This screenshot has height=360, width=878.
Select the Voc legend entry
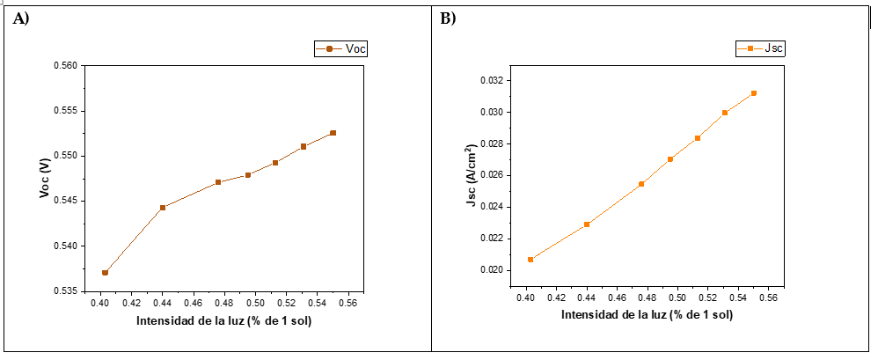pos(341,49)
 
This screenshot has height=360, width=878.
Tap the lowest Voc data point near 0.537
pos(105,273)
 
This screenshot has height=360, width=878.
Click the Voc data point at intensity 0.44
pos(163,208)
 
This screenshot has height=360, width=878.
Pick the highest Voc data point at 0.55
pos(333,133)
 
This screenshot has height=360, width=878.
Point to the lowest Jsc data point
pos(530,260)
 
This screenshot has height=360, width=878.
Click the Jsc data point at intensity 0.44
pos(587,224)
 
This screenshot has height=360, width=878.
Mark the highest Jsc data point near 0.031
pos(754,93)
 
